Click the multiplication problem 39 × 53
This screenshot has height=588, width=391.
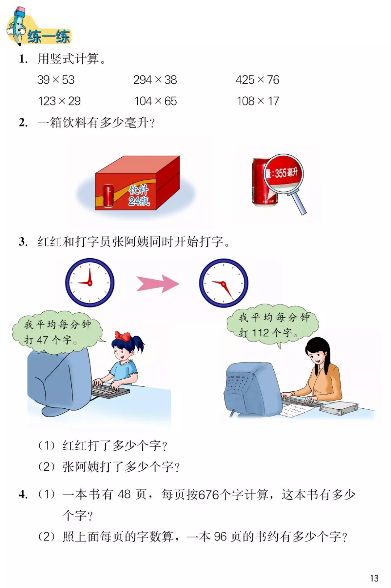(x=56, y=80)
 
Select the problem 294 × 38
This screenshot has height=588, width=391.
(x=155, y=80)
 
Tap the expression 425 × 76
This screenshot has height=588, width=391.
(x=257, y=80)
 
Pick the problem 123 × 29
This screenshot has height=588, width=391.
(x=59, y=101)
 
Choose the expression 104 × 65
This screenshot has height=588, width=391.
(x=156, y=101)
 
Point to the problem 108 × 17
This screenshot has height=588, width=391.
(x=258, y=101)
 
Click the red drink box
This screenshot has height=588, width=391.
(x=138, y=183)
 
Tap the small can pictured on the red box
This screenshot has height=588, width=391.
(x=108, y=196)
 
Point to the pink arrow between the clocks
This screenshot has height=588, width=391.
(x=157, y=284)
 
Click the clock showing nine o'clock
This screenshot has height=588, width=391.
(x=90, y=283)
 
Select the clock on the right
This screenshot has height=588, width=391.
(x=224, y=283)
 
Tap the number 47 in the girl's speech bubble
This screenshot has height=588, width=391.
(x=42, y=340)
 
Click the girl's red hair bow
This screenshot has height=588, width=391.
(x=122, y=336)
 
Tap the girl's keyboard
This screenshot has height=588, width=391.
(x=110, y=390)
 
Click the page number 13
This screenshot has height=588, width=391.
(x=374, y=578)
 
